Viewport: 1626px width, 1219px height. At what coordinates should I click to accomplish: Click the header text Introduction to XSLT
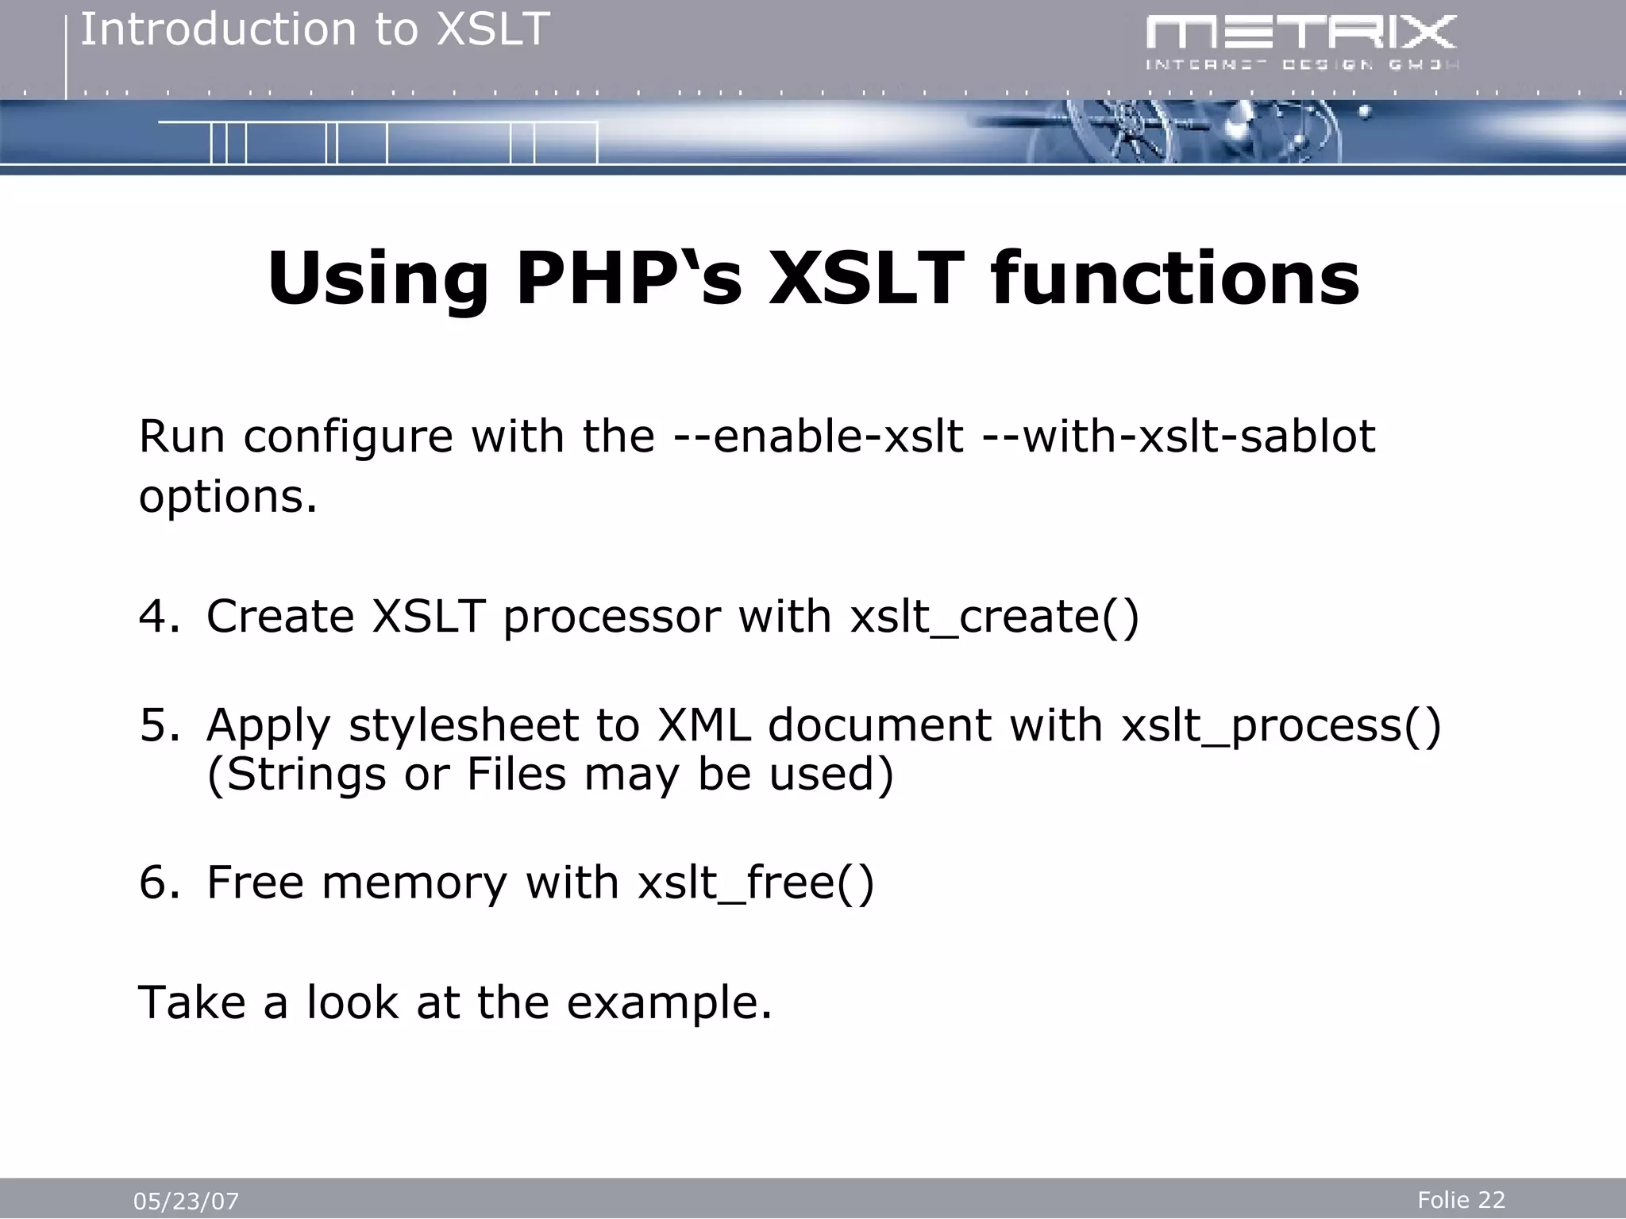pyautogui.click(x=314, y=30)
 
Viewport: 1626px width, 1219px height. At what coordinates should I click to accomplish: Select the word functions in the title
pyautogui.click(x=1175, y=279)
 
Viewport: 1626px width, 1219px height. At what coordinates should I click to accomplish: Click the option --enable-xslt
pyautogui.click(x=818, y=436)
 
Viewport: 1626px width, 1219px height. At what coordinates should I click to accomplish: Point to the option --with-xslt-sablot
pyautogui.click(x=1178, y=436)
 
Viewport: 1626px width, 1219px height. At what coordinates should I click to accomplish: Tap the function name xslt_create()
pyautogui.click(x=994, y=616)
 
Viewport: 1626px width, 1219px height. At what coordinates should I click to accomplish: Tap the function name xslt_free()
pyautogui.click(x=756, y=883)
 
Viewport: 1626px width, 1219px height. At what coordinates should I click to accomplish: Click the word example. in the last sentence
pyautogui.click(x=669, y=1002)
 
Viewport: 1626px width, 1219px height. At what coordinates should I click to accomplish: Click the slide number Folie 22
pyautogui.click(x=1461, y=1200)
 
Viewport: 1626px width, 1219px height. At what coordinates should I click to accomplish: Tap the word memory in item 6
pyautogui.click(x=413, y=883)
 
